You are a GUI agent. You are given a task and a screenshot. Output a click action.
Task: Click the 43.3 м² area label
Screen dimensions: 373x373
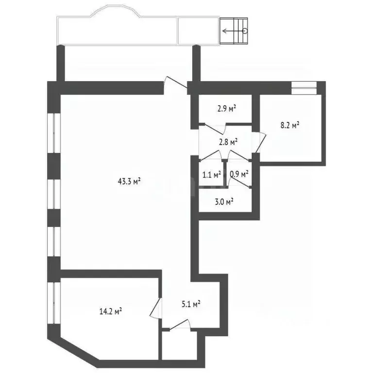coord(129,182)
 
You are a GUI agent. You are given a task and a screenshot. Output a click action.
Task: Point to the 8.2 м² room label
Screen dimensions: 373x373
coord(290,125)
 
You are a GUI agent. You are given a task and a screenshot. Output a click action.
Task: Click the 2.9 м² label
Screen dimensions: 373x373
coord(227,109)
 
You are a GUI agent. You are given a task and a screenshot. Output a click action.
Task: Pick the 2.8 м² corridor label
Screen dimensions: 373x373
coord(228,142)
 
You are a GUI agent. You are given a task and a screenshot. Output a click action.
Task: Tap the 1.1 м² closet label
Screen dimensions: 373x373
coord(211,175)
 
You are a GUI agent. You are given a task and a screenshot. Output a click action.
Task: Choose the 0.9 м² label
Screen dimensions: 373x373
coord(239,174)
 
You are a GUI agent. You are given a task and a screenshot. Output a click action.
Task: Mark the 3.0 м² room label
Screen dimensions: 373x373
coord(224,202)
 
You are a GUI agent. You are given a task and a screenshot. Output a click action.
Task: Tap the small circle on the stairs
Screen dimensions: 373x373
coord(245,31)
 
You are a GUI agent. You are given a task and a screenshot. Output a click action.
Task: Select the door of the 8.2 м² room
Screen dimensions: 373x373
coord(260,142)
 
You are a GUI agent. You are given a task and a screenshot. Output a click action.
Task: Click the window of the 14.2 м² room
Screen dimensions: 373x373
coord(54,303)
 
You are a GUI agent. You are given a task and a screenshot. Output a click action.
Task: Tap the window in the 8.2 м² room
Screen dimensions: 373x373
coord(304,85)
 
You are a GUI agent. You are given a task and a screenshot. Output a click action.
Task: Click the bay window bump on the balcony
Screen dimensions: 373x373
coord(116,11)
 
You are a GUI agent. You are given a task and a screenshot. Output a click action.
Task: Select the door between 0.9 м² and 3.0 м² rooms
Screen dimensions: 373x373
coord(238,183)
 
